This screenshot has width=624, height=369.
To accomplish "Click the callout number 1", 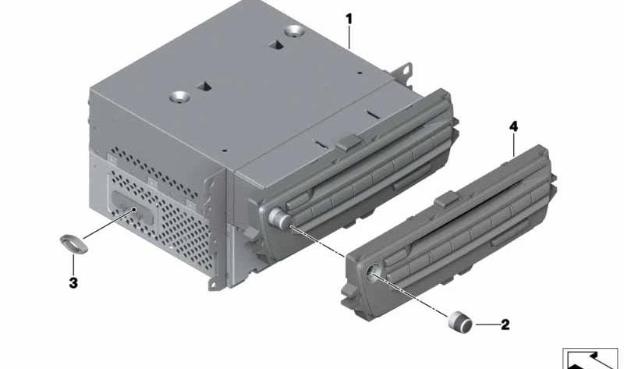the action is (x=349, y=19).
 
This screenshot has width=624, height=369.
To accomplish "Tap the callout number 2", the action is (x=505, y=325).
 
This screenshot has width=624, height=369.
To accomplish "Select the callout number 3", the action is (x=73, y=283).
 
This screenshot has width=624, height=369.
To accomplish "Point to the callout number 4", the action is (x=514, y=126).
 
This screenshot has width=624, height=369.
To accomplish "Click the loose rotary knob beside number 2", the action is (x=460, y=321).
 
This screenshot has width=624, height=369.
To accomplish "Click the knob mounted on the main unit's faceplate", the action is (x=278, y=218).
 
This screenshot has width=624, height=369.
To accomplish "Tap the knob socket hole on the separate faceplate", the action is (x=375, y=273).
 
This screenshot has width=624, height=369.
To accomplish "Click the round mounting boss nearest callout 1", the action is (x=295, y=30).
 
